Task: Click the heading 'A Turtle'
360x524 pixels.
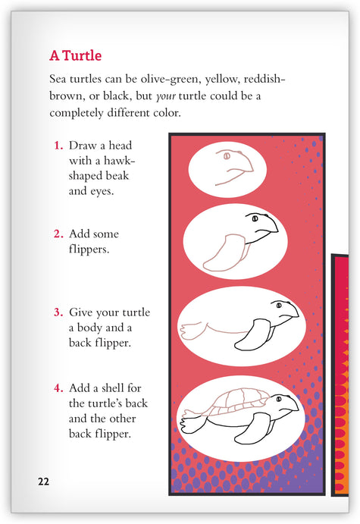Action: click(76, 55)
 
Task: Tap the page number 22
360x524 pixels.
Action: click(43, 482)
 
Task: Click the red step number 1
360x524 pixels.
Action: click(58, 146)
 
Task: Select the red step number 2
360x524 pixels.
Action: click(58, 234)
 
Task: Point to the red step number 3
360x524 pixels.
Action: click(58, 312)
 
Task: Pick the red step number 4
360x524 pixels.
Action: click(58, 388)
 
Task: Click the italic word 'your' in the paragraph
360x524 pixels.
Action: click(166, 96)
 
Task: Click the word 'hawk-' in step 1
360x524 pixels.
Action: click(119, 161)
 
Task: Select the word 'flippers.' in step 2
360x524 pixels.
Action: click(89, 249)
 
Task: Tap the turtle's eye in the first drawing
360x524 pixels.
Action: click(227, 155)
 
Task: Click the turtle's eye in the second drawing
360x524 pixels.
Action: click(255, 218)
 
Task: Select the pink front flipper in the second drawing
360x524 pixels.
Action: click(224, 253)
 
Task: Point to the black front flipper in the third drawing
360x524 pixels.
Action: click(252, 335)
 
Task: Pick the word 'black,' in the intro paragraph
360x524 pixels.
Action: click(117, 96)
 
